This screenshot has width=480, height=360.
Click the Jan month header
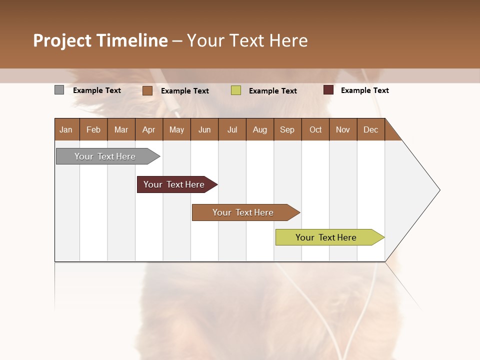66,129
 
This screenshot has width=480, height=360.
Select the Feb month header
93,129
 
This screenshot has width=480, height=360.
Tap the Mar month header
121,129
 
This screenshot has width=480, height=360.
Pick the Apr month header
149,129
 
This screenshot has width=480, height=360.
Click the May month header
176,129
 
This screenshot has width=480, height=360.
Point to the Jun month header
204,129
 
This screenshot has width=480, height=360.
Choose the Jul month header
232,129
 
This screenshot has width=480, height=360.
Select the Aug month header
260,129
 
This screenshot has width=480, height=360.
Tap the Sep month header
287,129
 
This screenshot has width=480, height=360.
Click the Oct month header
315,129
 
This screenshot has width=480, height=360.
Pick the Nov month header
343,129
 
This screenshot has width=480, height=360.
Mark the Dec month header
371,129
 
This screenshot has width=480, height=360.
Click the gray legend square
59,90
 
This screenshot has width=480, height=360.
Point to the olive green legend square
236,90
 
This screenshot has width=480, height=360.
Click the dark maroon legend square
328,90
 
